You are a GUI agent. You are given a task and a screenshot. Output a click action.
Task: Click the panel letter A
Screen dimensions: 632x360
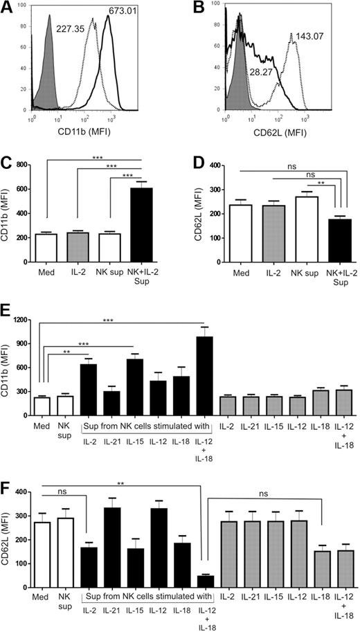point(8,8)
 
